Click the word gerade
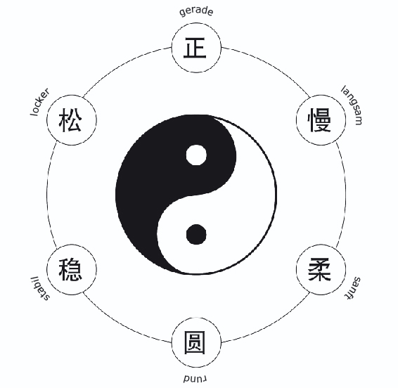(196, 12)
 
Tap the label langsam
(352, 105)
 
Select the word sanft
(353, 288)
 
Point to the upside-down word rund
(195, 379)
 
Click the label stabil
(40, 288)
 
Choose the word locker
(40, 102)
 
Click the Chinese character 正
(195, 48)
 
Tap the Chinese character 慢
(319, 119)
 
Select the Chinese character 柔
(319, 269)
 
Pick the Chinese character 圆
(195, 342)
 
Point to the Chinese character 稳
(70, 269)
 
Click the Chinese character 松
(70, 119)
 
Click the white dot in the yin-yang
(196, 155)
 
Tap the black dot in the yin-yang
(196, 234)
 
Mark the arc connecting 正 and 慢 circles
(271, 65)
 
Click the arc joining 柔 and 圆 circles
(271, 324)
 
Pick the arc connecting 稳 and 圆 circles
(122, 324)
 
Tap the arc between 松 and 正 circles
(122, 65)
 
